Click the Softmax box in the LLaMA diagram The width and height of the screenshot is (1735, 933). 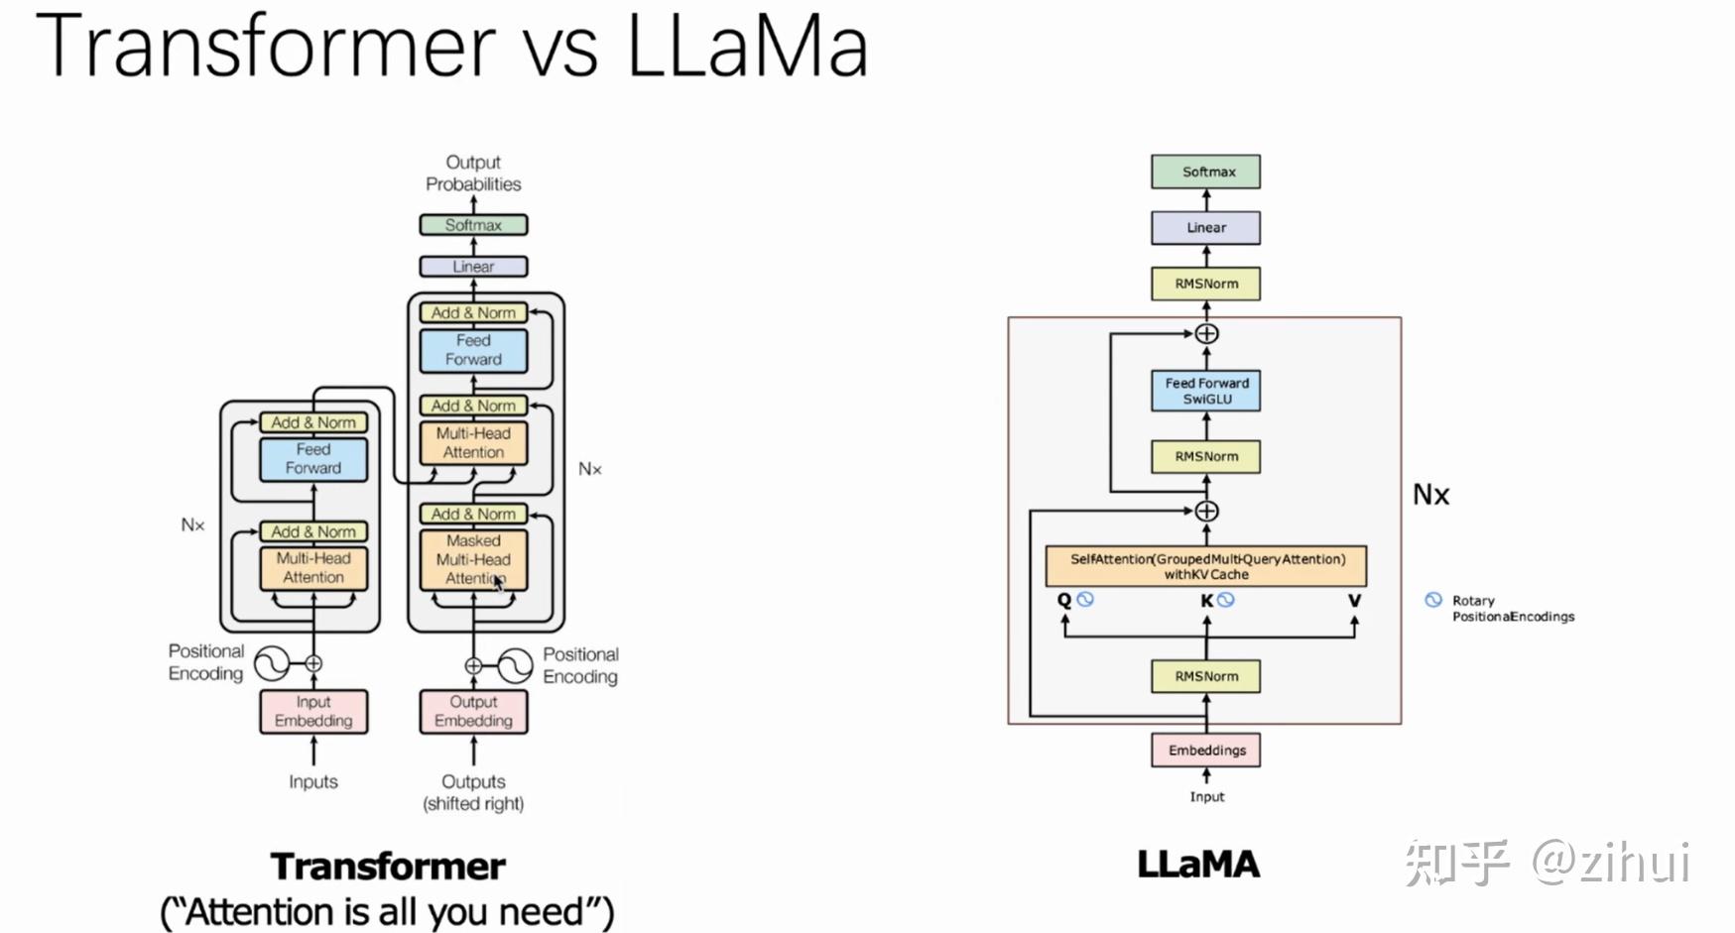tap(1205, 172)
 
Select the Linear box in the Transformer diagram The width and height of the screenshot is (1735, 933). tap(473, 267)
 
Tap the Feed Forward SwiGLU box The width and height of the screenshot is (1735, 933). tap(1205, 391)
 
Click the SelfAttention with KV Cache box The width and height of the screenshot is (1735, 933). tap(1205, 566)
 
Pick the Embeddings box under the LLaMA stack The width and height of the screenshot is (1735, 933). tap(1205, 750)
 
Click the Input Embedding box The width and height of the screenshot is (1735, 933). tap(313, 711)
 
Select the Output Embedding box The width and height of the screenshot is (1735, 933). tap(473, 711)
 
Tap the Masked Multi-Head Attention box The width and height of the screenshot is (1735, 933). tap(473, 559)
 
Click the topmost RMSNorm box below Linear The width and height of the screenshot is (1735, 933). tap(1205, 284)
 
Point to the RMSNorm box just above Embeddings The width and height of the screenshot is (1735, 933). tap(1205, 676)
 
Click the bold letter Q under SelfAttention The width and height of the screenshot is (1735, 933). tap(1063, 600)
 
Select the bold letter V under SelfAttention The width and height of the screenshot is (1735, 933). tap(1354, 600)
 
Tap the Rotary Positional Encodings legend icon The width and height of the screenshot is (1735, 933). tap(1432, 600)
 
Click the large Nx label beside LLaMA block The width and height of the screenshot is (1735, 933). tap(1430, 495)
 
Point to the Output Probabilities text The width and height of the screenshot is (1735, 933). tap(473, 173)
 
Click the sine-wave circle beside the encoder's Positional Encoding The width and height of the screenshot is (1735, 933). tap(271, 663)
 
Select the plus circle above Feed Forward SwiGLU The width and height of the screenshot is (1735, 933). tap(1206, 334)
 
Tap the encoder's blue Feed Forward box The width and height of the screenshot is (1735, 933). tap(313, 459)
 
